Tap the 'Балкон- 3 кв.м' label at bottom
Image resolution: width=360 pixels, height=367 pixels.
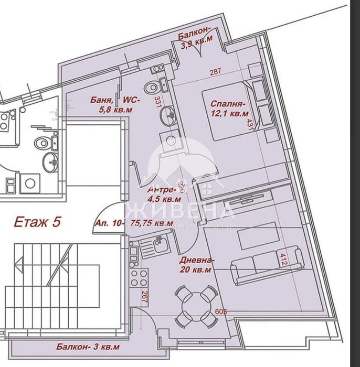click(x=88, y=347)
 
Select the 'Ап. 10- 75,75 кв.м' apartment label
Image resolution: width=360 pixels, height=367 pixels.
click(x=134, y=223)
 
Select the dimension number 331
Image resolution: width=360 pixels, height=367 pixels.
click(x=156, y=101)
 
